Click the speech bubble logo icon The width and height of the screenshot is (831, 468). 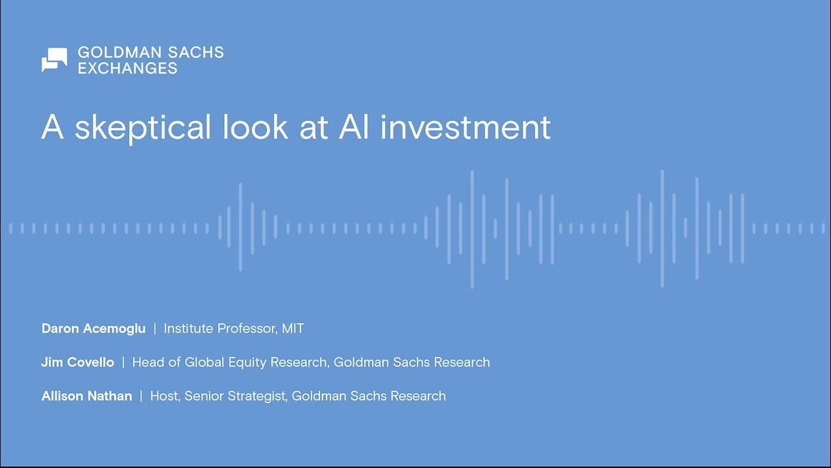point(55,60)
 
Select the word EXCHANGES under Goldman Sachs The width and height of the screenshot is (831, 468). point(127,68)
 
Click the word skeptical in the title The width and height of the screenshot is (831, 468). point(143,127)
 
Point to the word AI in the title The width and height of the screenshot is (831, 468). point(354,127)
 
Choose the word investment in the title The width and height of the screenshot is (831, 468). point(465,127)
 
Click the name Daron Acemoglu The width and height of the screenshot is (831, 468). point(93,329)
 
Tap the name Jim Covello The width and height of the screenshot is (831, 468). point(78,363)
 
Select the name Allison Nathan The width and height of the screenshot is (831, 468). point(86,396)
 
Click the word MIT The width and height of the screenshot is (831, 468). point(293,329)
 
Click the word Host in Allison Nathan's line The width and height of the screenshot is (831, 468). point(164,396)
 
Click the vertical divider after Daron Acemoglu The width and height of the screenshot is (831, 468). point(155,329)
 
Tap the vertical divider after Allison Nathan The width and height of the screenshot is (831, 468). point(141,396)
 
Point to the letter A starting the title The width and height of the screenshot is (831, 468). point(52,127)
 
